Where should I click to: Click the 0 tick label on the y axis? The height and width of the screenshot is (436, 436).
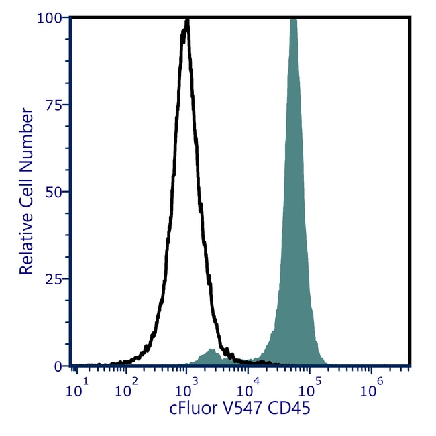point(59,366)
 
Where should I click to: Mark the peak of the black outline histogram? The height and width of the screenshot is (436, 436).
point(186,21)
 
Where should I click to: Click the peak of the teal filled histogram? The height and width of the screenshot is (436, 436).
point(292,20)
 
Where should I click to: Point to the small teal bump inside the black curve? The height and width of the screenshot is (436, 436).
point(211,351)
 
